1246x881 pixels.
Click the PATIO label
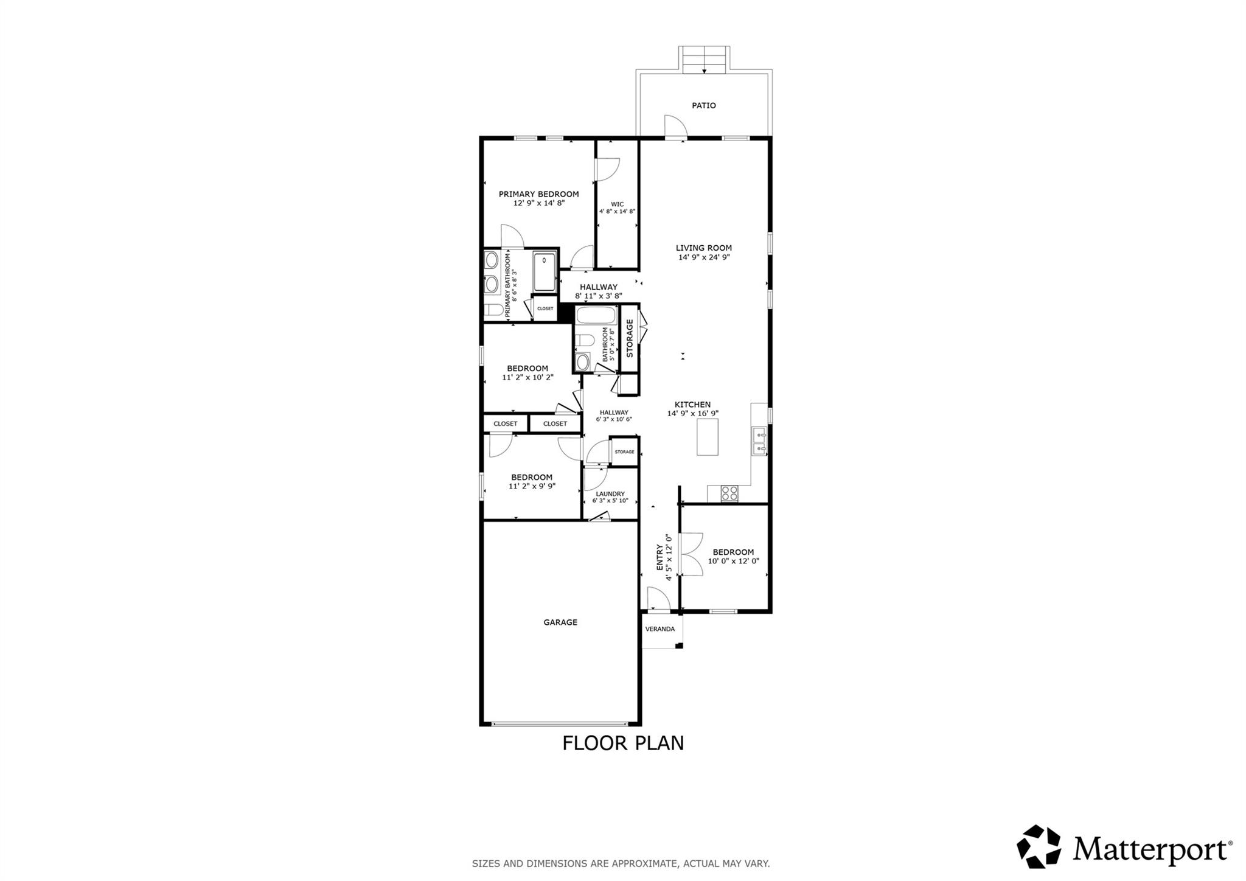(703, 105)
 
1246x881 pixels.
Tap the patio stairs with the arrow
(704, 60)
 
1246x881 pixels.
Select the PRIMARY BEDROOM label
(538, 194)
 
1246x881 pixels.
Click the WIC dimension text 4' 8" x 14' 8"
(617, 212)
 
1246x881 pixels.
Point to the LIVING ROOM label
(703, 248)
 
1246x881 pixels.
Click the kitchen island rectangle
(707, 437)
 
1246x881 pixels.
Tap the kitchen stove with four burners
(729, 493)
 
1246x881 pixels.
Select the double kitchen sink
(759, 442)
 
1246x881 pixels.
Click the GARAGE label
(560, 622)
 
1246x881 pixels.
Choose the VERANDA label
(660, 629)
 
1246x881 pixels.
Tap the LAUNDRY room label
(610, 493)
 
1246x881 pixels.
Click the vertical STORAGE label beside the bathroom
(630, 338)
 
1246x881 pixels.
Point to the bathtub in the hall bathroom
(596, 315)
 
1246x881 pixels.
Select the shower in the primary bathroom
(544, 273)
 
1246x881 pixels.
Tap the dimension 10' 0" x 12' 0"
(733, 561)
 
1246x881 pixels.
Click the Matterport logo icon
(1039, 846)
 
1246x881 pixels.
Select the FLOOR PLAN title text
(622, 743)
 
